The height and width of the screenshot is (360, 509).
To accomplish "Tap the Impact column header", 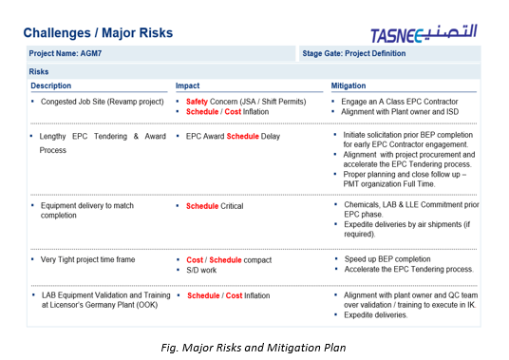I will click(188, 85).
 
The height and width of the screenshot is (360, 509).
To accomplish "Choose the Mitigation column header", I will click(349, 85).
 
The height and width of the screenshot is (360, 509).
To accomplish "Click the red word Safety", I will click(197, 101).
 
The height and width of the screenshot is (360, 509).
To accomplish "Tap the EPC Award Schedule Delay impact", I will click(233, 136).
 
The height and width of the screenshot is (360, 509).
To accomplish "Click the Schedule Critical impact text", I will click(215, 205).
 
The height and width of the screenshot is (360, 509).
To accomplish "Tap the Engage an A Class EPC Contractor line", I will click(400, 101).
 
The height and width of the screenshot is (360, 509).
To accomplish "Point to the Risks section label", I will click(40, 71).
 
